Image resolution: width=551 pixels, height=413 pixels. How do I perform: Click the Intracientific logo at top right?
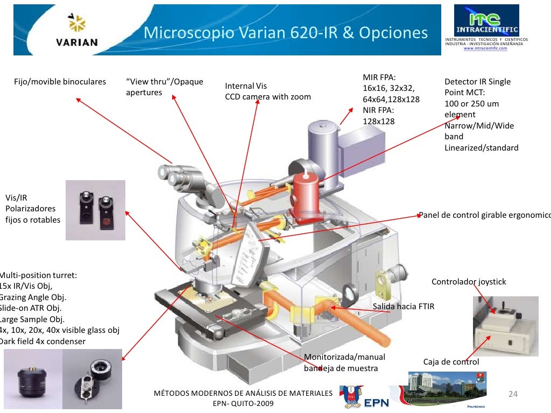pyautogui.click(x=486, y=22)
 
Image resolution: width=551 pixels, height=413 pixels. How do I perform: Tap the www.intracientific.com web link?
pyautogui.click(x=485, y=48)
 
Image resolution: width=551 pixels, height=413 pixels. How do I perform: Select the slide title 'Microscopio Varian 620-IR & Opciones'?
pyautogui.click(x=285, y=33)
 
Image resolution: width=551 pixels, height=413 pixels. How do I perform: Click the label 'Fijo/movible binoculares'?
pyautogui.click(x=60, y=82)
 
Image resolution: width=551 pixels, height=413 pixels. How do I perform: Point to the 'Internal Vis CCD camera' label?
pyautogui.click(x=267, y=91)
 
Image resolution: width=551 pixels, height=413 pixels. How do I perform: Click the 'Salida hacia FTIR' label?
pyautogui.click(x=403, y=307)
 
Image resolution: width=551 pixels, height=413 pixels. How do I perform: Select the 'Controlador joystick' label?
pyautogui.click(x=469, y=282)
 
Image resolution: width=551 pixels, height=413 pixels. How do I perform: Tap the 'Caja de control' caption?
pyautogui.click(x=451, y=362)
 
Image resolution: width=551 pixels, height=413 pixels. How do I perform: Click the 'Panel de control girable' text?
pyautogui.click(x=484, y=215)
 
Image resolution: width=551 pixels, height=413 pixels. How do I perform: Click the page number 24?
pyautogui.click(x=513, y=394)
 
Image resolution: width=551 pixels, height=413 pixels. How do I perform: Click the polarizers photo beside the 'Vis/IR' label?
pyautogui.click(x=95, y=210)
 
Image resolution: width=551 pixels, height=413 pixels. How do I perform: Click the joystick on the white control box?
pyautogui.click(x=504, y=311)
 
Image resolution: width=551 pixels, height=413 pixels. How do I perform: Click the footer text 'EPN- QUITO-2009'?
pyautogui.click(x=243, y=403)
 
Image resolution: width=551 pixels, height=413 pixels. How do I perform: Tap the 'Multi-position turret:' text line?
pyautogui.click(x=39, y=275)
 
